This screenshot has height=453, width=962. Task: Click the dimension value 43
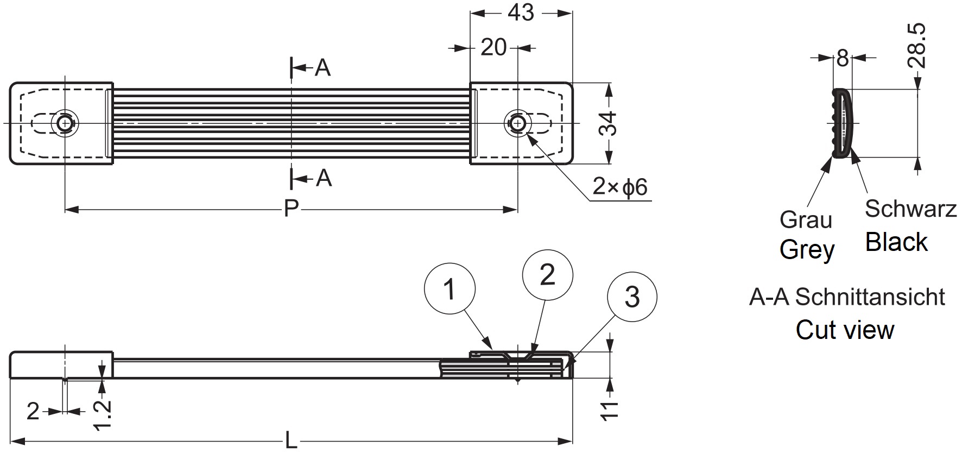pos(521,13)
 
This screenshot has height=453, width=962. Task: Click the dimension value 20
pos(493,48)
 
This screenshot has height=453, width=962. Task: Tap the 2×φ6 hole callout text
pos(620,187)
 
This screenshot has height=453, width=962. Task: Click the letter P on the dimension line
pos(291,209)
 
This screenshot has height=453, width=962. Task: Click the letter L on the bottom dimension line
pos(291,441)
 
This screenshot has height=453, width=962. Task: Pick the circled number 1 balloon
pos(450,290)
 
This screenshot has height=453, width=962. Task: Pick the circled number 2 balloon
pos(547,274)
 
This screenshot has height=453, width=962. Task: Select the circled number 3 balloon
pos(632,297)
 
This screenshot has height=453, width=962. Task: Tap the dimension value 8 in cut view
pos(842,58)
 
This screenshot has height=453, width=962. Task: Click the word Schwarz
pos(910,209)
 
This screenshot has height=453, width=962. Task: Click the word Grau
pos(806,220)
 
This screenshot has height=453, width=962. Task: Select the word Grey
pos(807,250)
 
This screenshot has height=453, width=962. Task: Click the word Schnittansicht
pos(870,297)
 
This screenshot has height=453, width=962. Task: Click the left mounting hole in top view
pos(65,123)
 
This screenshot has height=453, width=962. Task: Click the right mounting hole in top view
pos(517,123)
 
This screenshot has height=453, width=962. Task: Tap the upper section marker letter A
pos(322,68)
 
